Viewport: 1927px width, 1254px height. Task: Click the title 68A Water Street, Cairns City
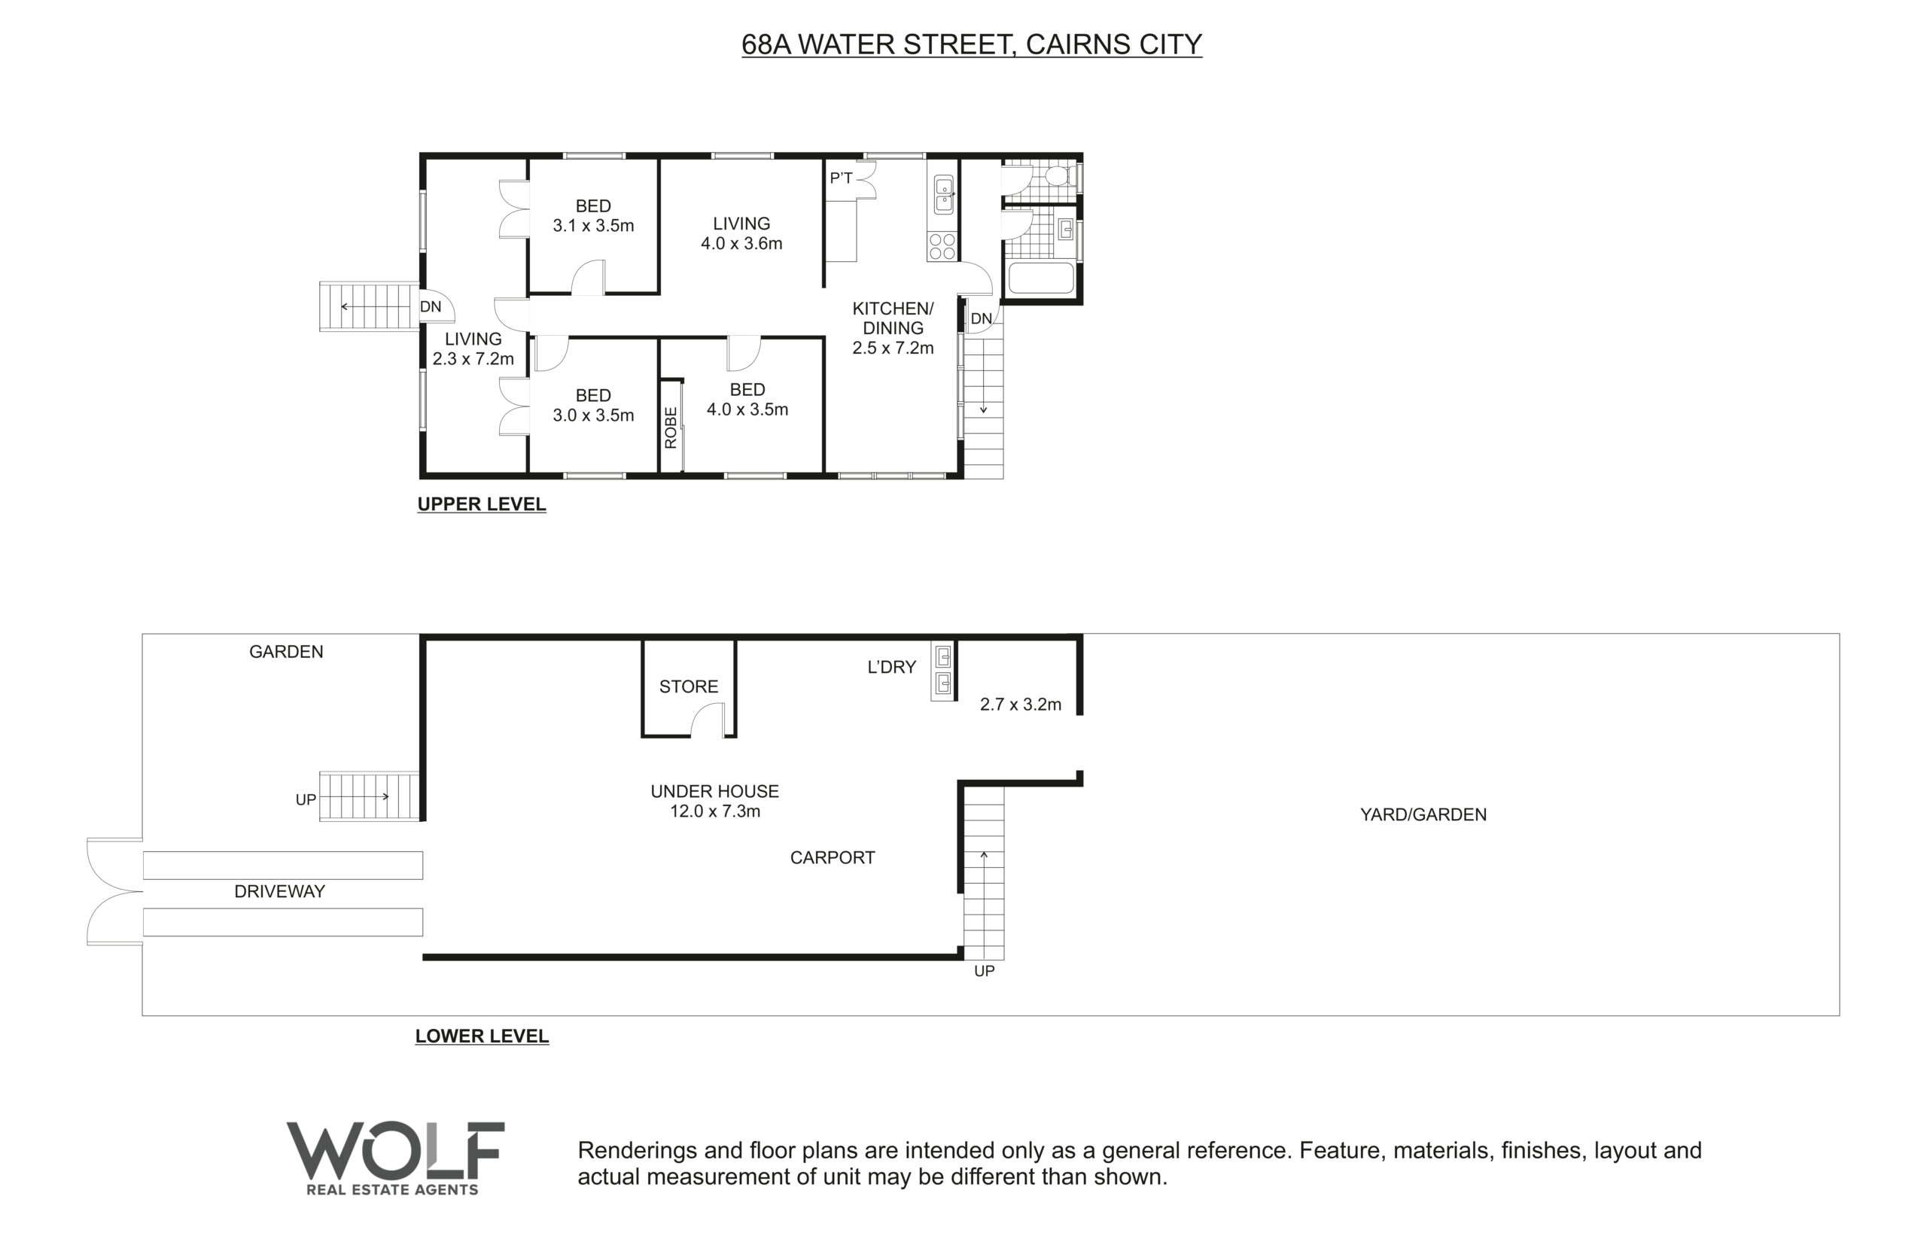pyautogui.click(x=972, y=44)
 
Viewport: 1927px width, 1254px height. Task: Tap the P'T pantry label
pyautogui.click(x=842, y=178)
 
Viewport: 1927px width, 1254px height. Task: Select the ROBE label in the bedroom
pyautogui.click(x=671, y=428)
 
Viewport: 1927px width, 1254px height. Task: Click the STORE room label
pyautogui.click(x=688, y=686)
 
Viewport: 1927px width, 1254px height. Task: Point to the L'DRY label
pyautogui.click(x=891, y=667)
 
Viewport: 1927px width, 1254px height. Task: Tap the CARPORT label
pyautogui.click(x=833, y=857)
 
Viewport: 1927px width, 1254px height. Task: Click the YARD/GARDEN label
pyautogui.click(x=1423, y=814)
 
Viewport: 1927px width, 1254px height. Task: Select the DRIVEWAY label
pyautogui.click(x=279, y=891)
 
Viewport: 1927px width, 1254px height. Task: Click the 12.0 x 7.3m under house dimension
pyautogui.click(x=715, y=811)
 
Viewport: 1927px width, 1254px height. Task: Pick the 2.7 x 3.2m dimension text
pyautogui.click(x=1020, y=705)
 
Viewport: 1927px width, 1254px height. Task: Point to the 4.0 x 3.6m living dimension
pyautogui.click(x=741, y=244)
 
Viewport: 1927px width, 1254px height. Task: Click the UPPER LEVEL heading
pyautogui.click(x=482, y=504)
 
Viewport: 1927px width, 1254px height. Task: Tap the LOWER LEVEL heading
pyautogui.click(x=482, y=1036)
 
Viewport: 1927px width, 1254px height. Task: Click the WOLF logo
pyautogui.click(x=395, y=1158)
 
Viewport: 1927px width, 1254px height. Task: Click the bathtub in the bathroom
pyautogui.click(x=1040, y=278)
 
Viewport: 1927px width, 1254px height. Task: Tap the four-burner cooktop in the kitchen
pyautogui.click(x=942, y=246)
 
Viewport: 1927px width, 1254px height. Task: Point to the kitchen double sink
pyautogui.click(x=943, y=194)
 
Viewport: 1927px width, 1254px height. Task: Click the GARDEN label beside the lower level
pyautogui.click(x=286, y=652)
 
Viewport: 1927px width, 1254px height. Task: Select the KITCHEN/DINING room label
pyautogui.click(x=893, y=318)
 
